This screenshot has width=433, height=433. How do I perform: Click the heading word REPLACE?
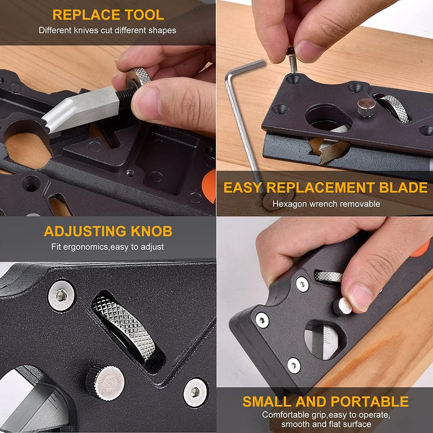pyautogui.click(x=86, y=15)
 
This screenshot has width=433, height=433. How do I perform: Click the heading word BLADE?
pyautogui.click(x=403, y=188)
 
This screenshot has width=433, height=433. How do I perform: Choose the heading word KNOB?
pyautogui.click(x=151, y=231)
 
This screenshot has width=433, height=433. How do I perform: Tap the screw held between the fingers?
pyautogui.click(x=292, y=61)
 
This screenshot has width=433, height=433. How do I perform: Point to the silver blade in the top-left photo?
pyautogui.click(x=81, y=109)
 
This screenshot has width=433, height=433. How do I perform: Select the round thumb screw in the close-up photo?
pyautogui.click(x=105, y=382)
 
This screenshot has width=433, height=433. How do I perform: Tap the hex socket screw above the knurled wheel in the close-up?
pyautogui.click(x=61, y=296)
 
